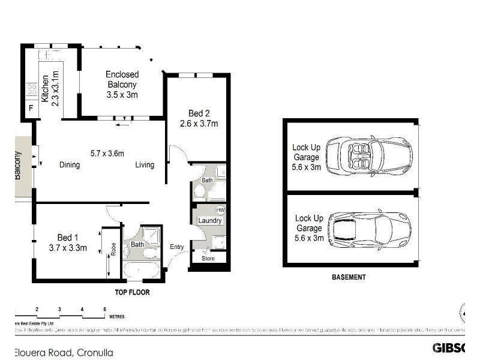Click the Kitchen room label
[45, 88]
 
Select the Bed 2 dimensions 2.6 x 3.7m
[199, 124]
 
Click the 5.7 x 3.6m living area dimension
[107, 153]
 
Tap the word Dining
[70, 165]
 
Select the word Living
[145, 165]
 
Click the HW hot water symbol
[220, 211]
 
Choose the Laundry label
[210, 221]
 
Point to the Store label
[208, 259]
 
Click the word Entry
[176, 247]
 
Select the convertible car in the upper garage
[371, 154]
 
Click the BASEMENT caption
[349, 277]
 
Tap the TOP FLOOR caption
[132, 293]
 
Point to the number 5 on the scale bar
[104, 309]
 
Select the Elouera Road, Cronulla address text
[64, 352]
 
